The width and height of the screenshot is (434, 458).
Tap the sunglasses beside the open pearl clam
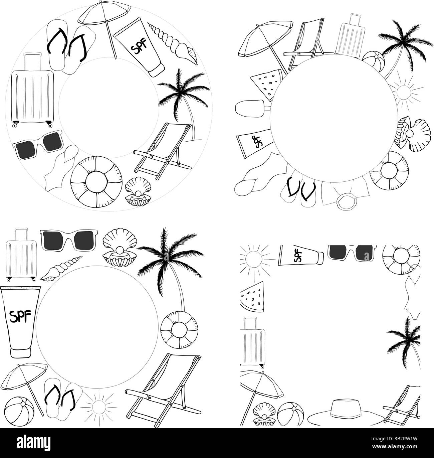(68, 240)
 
